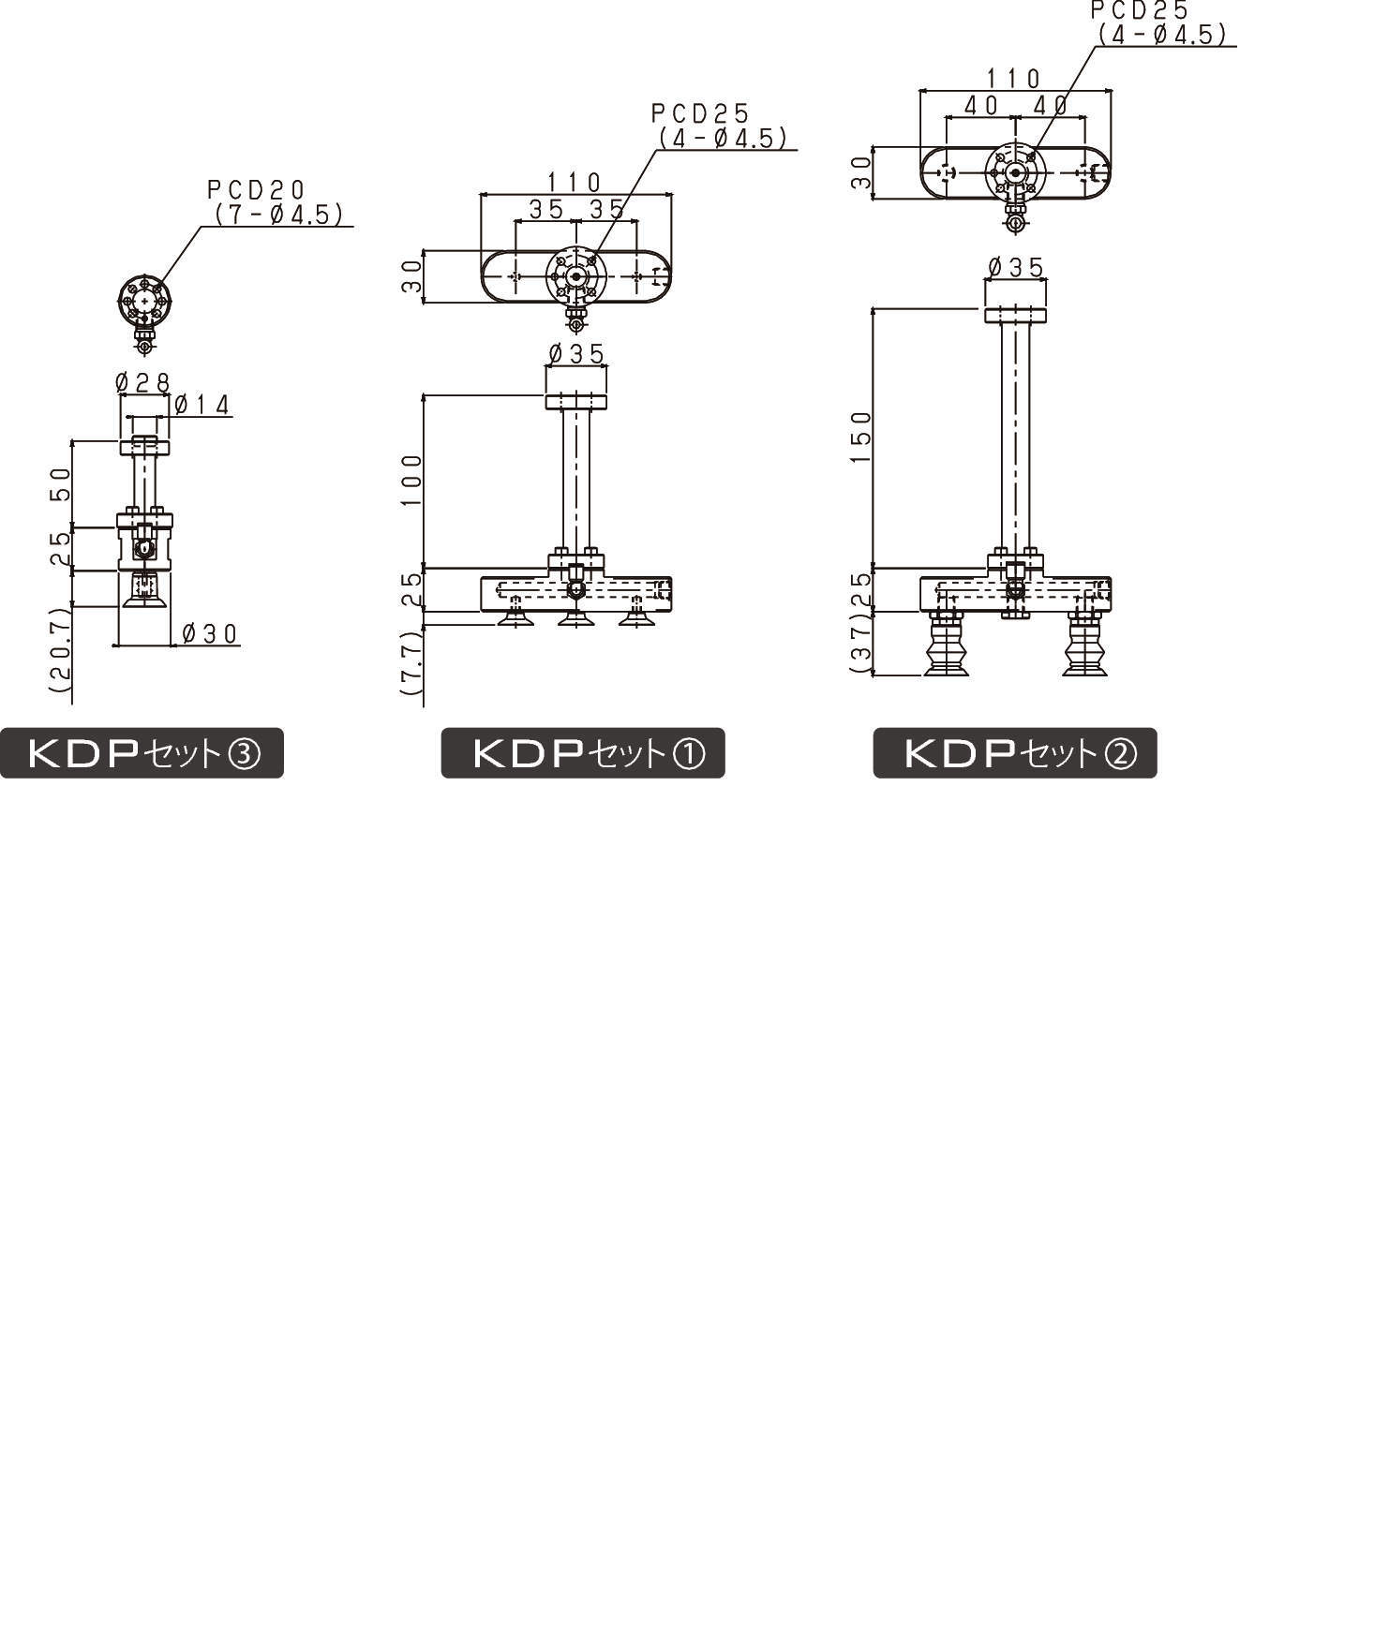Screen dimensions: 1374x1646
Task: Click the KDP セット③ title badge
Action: coord(142,752)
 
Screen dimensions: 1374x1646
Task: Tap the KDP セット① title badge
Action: coord(583,752)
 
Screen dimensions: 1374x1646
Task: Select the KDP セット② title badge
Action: coord(1015,752)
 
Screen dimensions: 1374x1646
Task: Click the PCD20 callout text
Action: coord(256,190)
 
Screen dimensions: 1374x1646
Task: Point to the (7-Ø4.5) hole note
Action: coord(278,215)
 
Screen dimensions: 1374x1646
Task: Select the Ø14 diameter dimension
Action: coord(202,405)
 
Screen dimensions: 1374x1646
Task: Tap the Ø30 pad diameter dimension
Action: coord(210,634)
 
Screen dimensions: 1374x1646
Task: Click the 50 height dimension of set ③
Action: coord(61,484)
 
